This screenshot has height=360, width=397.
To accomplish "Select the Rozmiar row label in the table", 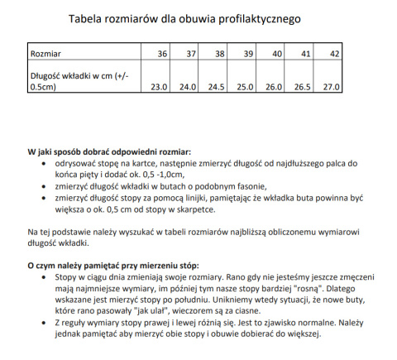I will click(46, 55).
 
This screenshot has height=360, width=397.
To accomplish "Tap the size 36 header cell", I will click(161, 55).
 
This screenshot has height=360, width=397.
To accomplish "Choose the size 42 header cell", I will click(334, 55).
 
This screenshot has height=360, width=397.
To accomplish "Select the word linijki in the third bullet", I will click(197, 199).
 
